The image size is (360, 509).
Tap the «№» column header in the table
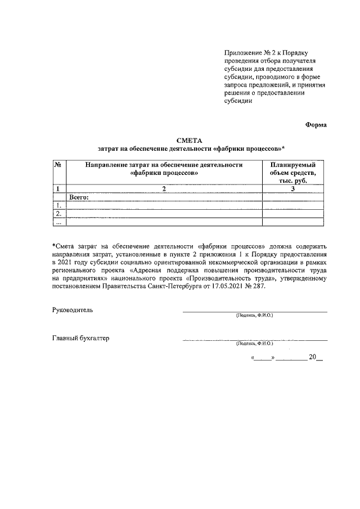pos(57,165)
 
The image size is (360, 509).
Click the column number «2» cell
pos(164,189)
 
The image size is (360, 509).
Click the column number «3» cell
pos(292,189)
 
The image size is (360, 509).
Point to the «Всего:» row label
pos(79,197)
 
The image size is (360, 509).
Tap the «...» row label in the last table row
pos(57,222)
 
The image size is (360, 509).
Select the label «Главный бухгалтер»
pos(81,339)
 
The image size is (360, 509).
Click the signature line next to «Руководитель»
pos(254,311)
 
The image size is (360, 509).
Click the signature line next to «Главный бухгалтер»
pos(254,340)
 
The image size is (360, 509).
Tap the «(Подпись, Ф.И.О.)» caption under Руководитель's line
pos(254,316)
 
